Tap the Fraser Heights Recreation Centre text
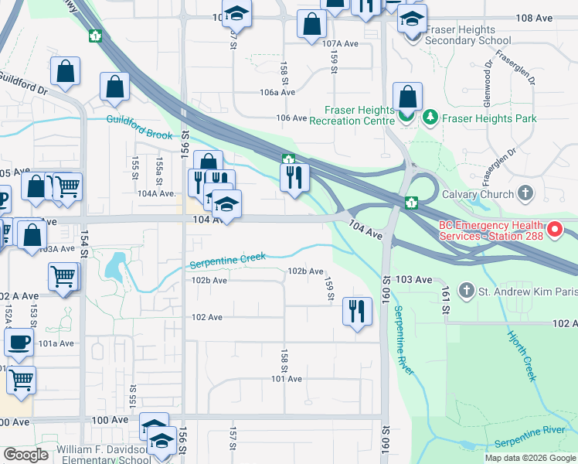coord(352,114)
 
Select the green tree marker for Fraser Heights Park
coord(429,118)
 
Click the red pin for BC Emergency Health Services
coord(554,230)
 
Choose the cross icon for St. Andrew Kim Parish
coord(465,291)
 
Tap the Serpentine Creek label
coord(228,261)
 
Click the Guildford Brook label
coord(140,127)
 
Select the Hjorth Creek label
coord(521,355)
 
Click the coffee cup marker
coord(19,341)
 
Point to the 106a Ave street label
coord(277,92)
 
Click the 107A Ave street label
coord(341,44)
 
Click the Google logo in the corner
coord(26,455)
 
